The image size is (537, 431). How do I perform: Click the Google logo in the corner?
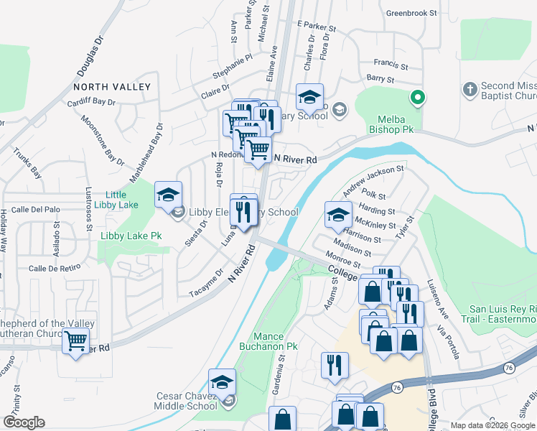tap(24, 422)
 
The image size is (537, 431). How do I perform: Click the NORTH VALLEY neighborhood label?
tap(112, 87)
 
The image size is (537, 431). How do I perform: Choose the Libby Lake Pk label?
tap(131, 236)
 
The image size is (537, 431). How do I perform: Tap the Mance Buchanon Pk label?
tap(276, 341)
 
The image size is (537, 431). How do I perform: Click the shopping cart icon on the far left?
tap(75, 340)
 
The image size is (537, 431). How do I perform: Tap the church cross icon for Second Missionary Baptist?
tap(470, 89)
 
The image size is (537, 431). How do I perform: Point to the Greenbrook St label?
tap(411, 13)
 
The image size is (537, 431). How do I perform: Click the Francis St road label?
tap(392, 65)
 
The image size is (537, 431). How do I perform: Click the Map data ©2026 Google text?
tap(492, 425)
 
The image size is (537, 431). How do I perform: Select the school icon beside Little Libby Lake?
tap(168, 195)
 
